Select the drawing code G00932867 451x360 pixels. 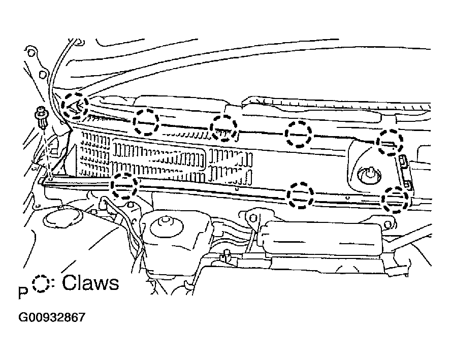coord(52,317)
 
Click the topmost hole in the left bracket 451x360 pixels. coord(31,53)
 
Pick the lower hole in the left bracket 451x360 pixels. coord(42,75)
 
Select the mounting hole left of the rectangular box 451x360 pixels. coord(253,218)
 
